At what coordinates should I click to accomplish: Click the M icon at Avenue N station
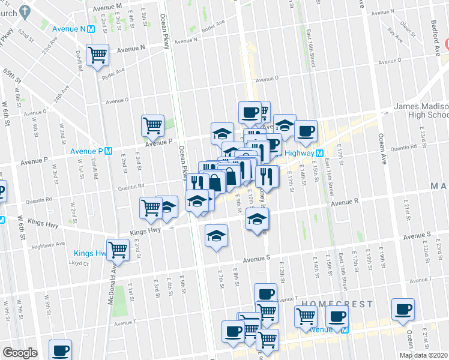point(91,28)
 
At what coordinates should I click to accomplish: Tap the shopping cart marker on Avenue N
point(97,56)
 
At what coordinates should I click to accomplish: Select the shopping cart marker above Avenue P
point(152,126)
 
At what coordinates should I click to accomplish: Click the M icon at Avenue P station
point(108,151)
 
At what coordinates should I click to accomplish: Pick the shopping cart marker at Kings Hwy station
point(118,250)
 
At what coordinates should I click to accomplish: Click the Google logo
point(20,353)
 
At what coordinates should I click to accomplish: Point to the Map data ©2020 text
point(423,355)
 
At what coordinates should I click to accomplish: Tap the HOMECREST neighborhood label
point(329,304)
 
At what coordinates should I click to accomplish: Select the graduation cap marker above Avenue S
point(216,236)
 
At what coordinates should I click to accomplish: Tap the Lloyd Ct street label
point(78,263)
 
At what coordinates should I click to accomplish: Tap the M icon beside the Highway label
point(320,153)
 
